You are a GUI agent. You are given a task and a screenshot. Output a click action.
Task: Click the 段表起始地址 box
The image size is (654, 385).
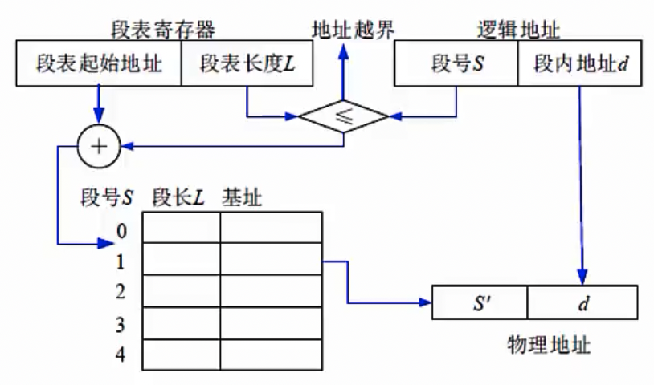click(99, 63)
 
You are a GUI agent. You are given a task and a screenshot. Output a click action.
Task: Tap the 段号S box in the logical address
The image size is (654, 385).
click(456, 63)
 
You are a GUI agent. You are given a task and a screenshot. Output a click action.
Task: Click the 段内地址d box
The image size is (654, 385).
click(579, 63)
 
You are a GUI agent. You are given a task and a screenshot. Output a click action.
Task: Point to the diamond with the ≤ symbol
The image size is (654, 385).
click(344, 116)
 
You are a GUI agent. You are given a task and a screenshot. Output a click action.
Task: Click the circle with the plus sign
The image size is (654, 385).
click(98, 146)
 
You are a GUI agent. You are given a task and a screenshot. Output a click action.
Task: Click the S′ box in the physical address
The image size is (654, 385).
click(480, 303)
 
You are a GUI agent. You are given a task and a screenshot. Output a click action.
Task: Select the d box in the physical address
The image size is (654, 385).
click(582, 303)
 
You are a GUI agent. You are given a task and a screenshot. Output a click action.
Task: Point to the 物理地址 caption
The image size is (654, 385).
click(550, 345)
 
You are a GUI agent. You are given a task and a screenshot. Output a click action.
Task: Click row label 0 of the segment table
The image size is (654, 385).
click(121, 231)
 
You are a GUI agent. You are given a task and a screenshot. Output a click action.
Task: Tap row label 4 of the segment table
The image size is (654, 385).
click(121, 354)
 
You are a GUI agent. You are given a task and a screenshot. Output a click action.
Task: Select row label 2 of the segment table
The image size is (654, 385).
click(121, 292)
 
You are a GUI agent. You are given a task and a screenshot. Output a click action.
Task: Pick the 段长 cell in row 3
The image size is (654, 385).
click(182, 323)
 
